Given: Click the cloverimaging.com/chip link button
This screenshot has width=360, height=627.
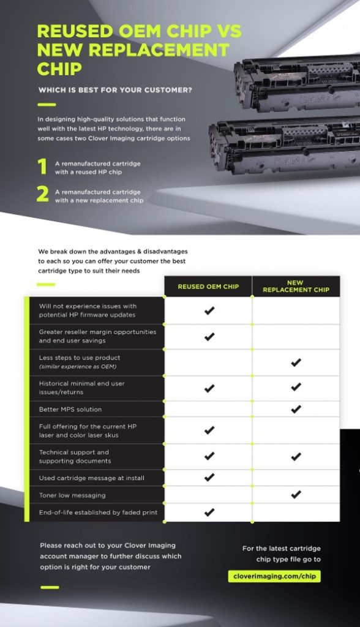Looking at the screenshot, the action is pos(274,576).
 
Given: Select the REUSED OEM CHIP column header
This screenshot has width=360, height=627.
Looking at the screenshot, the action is pos(208,287).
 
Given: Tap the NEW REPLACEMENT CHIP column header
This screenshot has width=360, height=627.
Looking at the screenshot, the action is pos(296,287).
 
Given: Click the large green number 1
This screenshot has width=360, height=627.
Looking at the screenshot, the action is pos(42,167).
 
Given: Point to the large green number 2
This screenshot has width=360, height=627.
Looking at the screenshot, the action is pos(43,194).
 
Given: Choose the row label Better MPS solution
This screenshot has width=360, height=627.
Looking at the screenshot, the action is pos(70,410).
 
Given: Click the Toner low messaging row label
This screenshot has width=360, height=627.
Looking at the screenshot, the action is pos(72,495).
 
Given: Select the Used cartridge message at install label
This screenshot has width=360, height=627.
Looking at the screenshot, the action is pos(92,478).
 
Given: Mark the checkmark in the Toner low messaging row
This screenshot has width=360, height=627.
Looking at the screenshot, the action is pos(296,495).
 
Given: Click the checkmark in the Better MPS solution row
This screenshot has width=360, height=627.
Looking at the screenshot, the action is pos(296,409).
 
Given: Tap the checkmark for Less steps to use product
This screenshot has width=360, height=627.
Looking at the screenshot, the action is pos(296,362).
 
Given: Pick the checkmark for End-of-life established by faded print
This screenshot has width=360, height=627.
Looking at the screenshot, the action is pos(209,512).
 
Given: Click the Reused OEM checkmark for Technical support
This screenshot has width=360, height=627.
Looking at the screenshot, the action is pos(209,456).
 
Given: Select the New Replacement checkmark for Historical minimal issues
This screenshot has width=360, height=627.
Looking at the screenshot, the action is pos(296,387).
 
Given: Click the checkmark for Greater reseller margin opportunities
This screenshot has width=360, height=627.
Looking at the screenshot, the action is pos(209,337).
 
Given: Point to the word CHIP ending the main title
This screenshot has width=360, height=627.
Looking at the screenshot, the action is pos(59,69).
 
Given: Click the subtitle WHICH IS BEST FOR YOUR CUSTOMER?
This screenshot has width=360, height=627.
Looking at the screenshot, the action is pos(115,90).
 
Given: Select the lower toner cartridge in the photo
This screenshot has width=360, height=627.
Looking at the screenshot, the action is pos(284,145).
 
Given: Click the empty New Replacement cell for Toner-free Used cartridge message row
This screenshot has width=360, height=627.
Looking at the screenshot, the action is pos(296,478).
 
